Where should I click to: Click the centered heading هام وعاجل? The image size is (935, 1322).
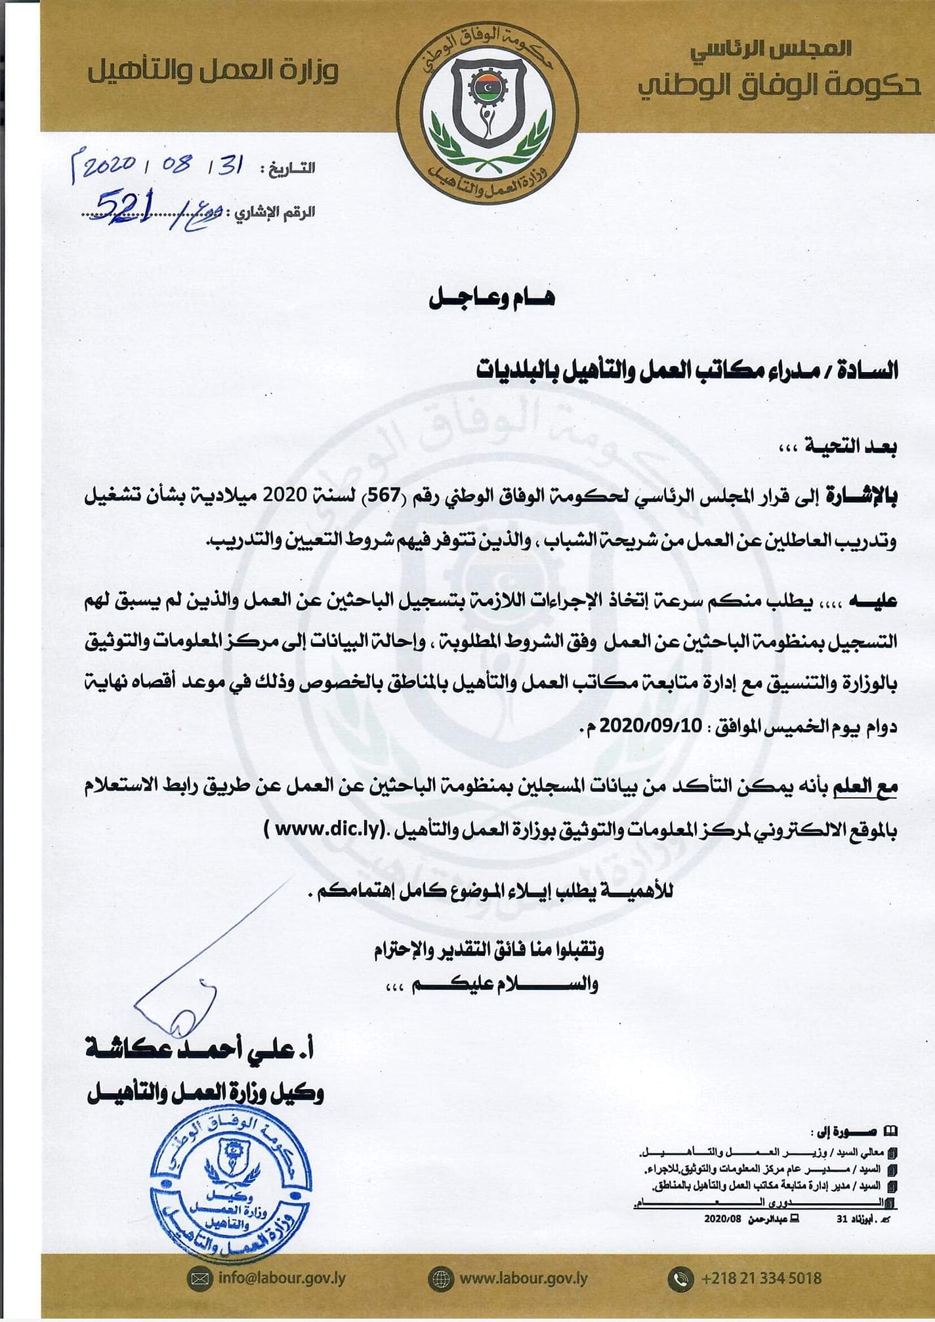click(x=491, y=298)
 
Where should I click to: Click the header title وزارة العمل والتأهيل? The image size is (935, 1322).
click(x=213, y=72)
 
